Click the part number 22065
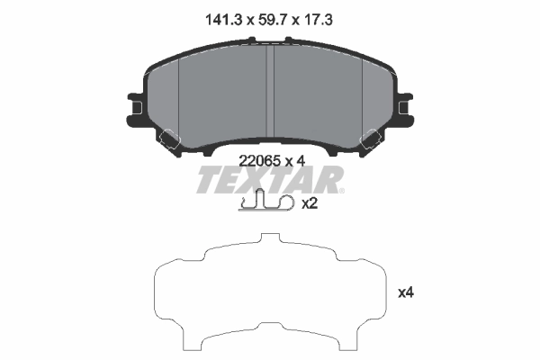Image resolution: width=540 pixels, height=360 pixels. pos(258,160)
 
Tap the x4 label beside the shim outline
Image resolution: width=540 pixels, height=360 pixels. pos(406,292)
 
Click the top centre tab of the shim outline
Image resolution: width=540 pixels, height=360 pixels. pos(270,240)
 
